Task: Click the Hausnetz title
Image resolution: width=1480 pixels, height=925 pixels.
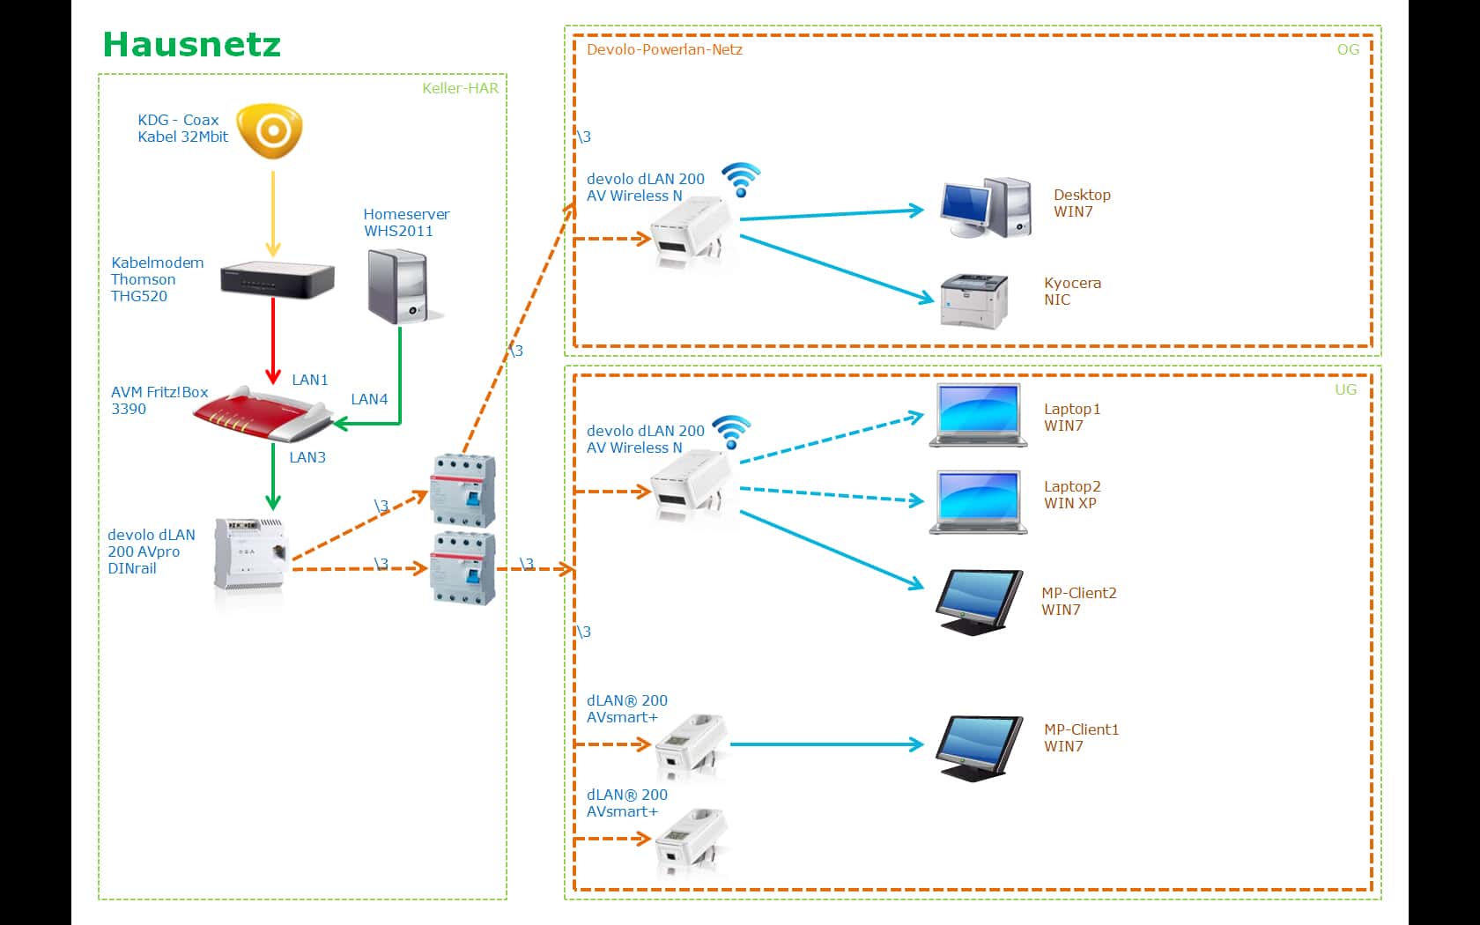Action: tap(191, 44)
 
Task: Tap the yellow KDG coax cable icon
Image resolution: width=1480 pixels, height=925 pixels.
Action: tap(272, 131)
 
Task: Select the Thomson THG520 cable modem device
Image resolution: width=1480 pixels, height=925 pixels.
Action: tap(277, 280)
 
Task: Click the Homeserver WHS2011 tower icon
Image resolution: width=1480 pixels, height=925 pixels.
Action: tap(398, 285)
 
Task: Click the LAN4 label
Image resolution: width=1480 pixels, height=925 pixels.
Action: tap(369, 399)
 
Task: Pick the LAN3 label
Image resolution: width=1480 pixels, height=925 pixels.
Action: tap(307, 457)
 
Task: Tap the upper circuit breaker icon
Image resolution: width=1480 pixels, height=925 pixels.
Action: tap(462, 490)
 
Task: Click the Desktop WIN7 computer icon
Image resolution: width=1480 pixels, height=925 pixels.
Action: tap(986, 208)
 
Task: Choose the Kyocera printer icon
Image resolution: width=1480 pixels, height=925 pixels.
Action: tap(974, 300)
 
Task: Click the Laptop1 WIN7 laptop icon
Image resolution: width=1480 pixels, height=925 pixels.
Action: tap(978, 415)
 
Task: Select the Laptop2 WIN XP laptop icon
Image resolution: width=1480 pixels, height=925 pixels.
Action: tap(978, 501)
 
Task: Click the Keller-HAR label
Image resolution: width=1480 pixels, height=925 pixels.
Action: tap(460, 88)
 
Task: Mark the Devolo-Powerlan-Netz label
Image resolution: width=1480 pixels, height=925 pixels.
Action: tap(664, 49)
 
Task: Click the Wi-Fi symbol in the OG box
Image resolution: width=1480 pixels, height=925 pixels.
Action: tap(741, 179)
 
